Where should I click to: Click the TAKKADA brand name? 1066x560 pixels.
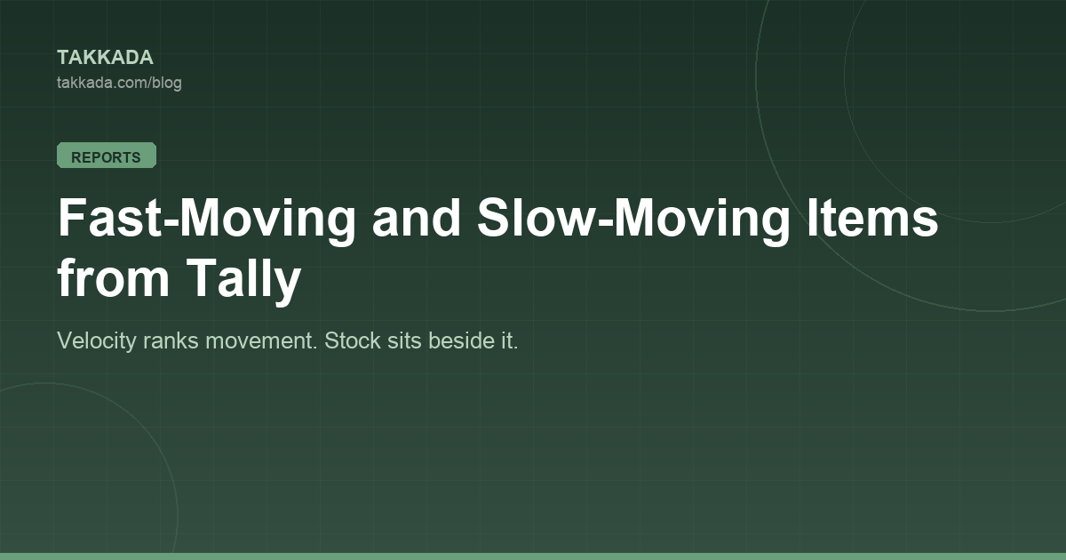pyautogui.click(x=105, y=58)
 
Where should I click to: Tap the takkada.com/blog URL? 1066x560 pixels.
pyautogui.click(x=119, y=83)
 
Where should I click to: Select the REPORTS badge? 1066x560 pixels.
pyautogui.click(x=107, y=156)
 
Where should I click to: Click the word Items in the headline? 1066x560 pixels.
pyautogui.click(x=872, y=218)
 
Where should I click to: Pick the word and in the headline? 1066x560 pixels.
pyautogui.click(x=417, y=218)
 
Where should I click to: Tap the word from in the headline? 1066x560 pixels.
pyautogui.click(x=114, y=277)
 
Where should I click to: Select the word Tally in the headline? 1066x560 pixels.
pyautogui.click(x=243, y=280)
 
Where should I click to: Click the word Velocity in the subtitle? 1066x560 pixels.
pyautogui.click(x=97, y=341)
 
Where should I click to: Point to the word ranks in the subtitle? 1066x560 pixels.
pyautogui.click(x=171, y=340)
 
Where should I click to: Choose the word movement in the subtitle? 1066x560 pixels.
pyautogui.click(x=261, y=341)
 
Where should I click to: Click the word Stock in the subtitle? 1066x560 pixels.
pyautogui.click(x=353, y=340)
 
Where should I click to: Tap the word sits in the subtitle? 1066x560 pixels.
pyautogui.click(x=404, y=340)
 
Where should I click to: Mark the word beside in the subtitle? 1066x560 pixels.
pyautogui.click(x=461, y=340)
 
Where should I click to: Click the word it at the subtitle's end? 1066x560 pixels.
pyautogui.click(x=509, y=340)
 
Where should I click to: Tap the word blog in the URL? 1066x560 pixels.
pyautogui.click(x=167, y=83)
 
